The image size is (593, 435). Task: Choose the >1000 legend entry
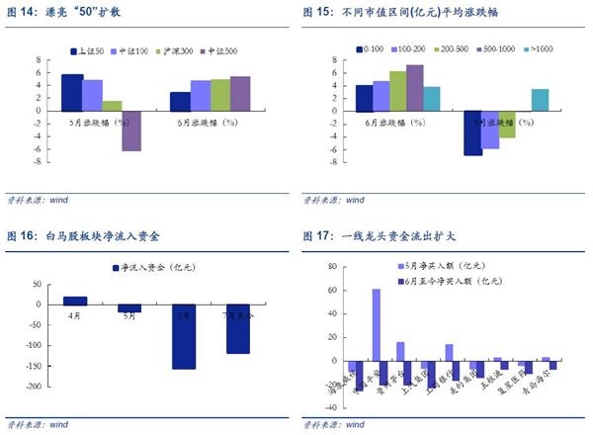tap(544, 48)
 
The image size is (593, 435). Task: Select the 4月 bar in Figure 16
tap(75, 302)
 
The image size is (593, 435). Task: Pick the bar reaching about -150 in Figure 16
tap(184, 337)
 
